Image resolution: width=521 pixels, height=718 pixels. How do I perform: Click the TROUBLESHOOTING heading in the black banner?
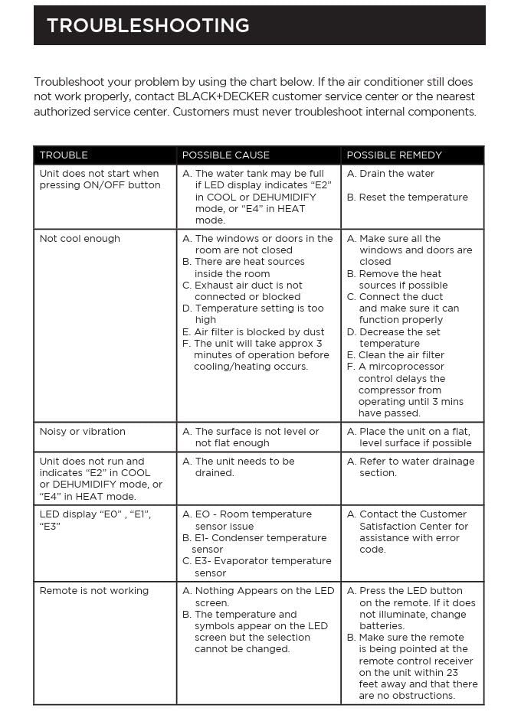[x=148, y=25]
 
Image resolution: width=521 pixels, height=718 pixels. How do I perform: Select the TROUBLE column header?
[x=64, y=155]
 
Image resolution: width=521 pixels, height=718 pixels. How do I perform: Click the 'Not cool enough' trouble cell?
[x=80, y=239]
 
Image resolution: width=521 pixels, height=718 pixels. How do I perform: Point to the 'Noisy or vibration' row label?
[x=82, y=432]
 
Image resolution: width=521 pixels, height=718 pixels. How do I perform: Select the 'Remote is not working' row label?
[x=93, y=591]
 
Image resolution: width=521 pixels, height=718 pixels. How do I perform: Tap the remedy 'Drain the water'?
[x=396, y=174]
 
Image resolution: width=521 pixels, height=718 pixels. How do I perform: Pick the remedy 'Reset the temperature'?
[x=413, y=197]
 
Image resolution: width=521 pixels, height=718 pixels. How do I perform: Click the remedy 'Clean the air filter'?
[x=401, y=355]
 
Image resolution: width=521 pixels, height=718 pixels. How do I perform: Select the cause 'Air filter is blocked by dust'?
[x=259, y=332]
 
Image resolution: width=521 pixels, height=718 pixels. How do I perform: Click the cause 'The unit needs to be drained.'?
[x=244, y=467]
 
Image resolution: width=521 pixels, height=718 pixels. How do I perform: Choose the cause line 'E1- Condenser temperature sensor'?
[x=259, y=543]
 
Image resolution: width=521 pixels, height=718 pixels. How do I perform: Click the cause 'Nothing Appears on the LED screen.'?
[x=264, y=596]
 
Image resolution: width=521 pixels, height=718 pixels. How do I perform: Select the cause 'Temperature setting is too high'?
[x=259, y=314]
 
